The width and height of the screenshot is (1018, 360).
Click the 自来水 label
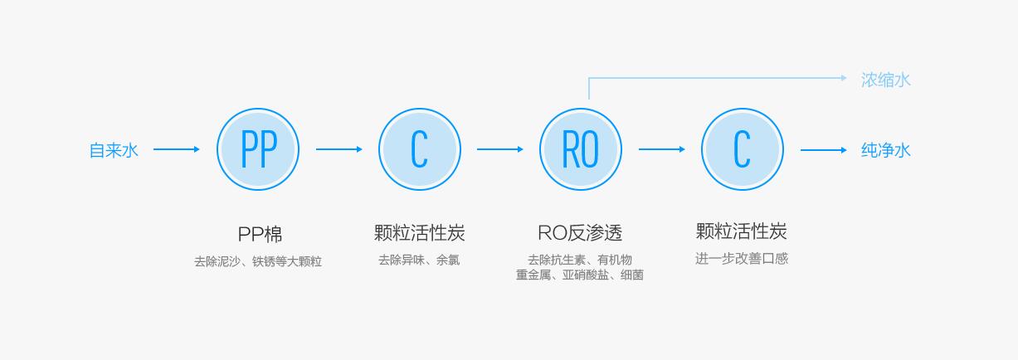(x=114, y=150)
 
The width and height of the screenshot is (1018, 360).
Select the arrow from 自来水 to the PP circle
(x=176, y=149)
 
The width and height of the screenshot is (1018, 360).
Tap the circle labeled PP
(x=258, y=150)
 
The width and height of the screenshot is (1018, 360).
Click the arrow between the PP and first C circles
(x=339, y=149)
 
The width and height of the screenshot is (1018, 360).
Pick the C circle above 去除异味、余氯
(x=419, y=150)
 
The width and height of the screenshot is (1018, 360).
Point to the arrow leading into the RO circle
(x=499, y=149)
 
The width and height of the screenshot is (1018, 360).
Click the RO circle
(x=581, y=150)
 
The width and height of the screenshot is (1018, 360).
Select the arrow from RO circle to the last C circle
(x=661, y=149)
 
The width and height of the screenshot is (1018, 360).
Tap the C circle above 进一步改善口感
(x=742, y=150)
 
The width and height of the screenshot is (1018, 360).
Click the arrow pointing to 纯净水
(x=823, y=150)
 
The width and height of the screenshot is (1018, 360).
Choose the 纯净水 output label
(x=886, y=150)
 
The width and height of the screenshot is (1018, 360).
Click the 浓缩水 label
(x=886, y=80)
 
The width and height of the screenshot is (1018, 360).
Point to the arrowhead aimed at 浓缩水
(x=842, y=78)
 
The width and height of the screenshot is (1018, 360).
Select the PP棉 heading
(x=259, y=234)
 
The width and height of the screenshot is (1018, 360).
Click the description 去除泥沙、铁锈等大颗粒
(x=258, y=261)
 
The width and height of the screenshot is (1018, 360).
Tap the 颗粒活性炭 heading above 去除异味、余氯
(x=419, y=233)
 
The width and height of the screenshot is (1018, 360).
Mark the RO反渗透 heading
(x=580, y=233)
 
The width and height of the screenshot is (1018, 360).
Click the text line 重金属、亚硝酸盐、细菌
(x=580, y=275)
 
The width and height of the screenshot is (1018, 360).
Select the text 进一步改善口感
(x=742, y=259)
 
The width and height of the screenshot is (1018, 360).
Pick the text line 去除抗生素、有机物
(x=580, y=260)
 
